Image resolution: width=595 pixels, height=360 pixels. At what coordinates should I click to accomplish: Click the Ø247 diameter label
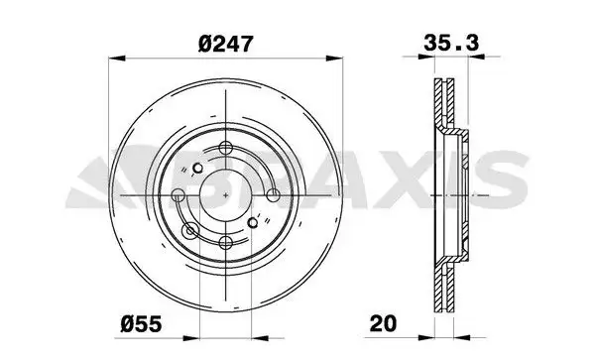pos(225,44)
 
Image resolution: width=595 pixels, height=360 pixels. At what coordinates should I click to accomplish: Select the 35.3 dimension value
pos(451,43)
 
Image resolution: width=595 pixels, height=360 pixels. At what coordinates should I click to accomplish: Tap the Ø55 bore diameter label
pos(141,324)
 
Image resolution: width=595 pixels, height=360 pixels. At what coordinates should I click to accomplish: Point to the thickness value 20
pos(383,323)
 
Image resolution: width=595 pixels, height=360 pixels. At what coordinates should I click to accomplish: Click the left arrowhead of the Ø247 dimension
pos(117,59)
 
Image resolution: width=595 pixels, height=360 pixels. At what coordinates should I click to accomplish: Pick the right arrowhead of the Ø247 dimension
pos(334,59)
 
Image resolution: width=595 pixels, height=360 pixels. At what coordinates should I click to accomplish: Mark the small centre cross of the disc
pos(226,195)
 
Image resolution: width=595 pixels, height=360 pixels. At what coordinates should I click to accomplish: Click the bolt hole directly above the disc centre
pos(226,147)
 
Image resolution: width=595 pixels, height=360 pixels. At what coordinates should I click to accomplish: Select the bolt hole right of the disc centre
pos(274,195)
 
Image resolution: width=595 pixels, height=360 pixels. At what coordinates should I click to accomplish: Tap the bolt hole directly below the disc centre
pos(226,242)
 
